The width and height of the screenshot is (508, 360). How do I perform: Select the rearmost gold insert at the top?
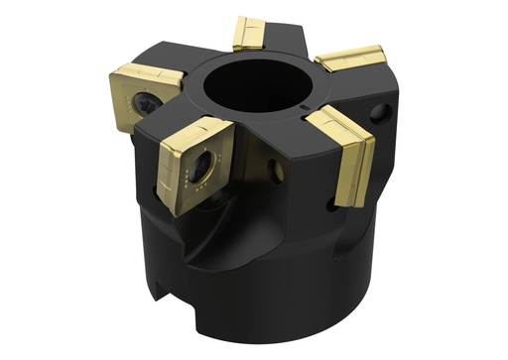tap(249, 33)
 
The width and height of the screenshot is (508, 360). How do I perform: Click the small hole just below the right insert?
tap(330, 205)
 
